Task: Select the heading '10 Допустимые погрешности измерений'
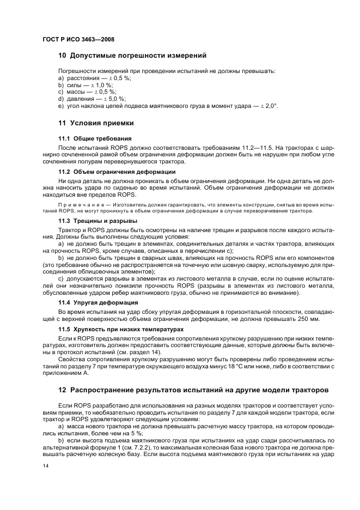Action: (x=132, y=56)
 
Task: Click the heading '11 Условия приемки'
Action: (x=96, y=123)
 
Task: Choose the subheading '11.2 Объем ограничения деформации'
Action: (x=117, y=172)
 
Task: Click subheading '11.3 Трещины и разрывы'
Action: (x=97, y=221)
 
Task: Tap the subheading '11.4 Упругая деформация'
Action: (x=98, y=302)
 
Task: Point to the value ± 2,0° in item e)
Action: (x=267, y=106)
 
